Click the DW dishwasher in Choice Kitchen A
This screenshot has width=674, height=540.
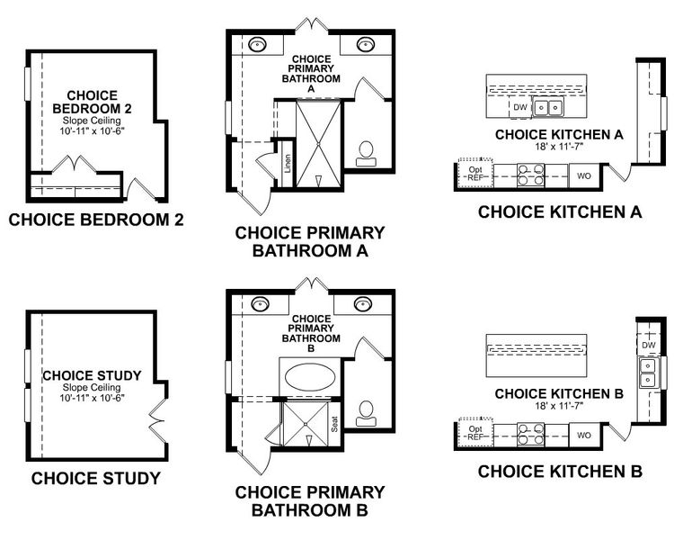tap(520, 107)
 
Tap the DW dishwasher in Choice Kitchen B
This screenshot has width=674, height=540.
tap(648, 345)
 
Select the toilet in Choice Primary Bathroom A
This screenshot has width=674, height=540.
tap(367, 153)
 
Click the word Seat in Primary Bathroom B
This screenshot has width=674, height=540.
tap(334, 423)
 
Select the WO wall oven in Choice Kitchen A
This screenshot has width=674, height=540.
tap(583, 175)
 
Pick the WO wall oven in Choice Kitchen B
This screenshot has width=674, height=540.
tap(583, 435)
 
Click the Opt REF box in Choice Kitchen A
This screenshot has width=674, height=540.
tap(474, 174)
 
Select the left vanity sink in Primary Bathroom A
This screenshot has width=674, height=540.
tap(258, 43)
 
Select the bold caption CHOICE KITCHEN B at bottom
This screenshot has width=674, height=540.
tap(559, 471)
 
